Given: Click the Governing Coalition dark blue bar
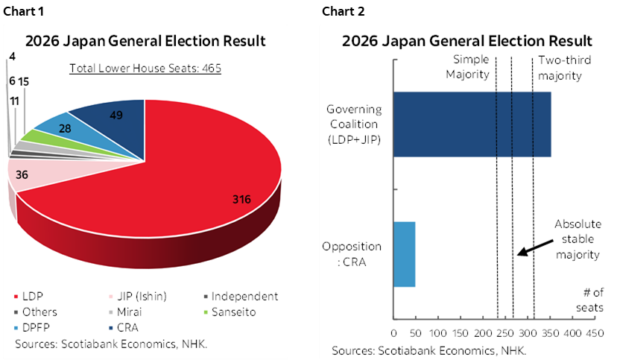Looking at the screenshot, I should pyautogui.click(x=472, y=124).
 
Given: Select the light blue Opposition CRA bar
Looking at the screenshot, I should pyautogui.click(x=404, y=254).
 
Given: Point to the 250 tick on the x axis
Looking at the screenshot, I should pyautogui.click(x=504, y=333).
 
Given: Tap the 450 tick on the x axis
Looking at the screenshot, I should pyautogui.click(x=594, y=333).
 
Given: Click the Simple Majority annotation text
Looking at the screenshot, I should pyautogui.click(x=467, y=68).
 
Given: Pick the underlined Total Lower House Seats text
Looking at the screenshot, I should pyautogui.click(x=145, y=69).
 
